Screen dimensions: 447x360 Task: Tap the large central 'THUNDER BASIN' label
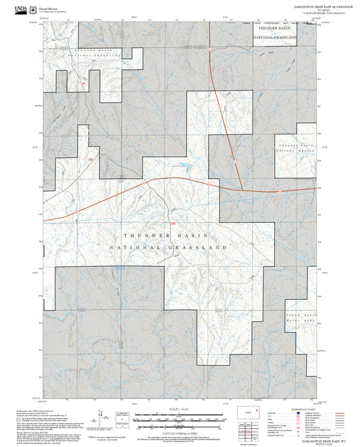[167, 235]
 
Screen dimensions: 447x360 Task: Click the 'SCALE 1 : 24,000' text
[179, 407]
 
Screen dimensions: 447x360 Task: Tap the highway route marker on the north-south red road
[219, 106]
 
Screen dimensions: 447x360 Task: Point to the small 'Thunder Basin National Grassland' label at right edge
[297, 149]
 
